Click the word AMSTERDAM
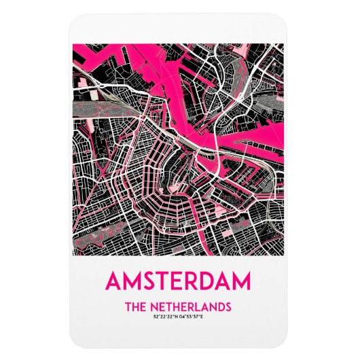pyautogui.click(x=179, y=281)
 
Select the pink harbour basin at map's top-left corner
pyautogui.click(x=95, y=54)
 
